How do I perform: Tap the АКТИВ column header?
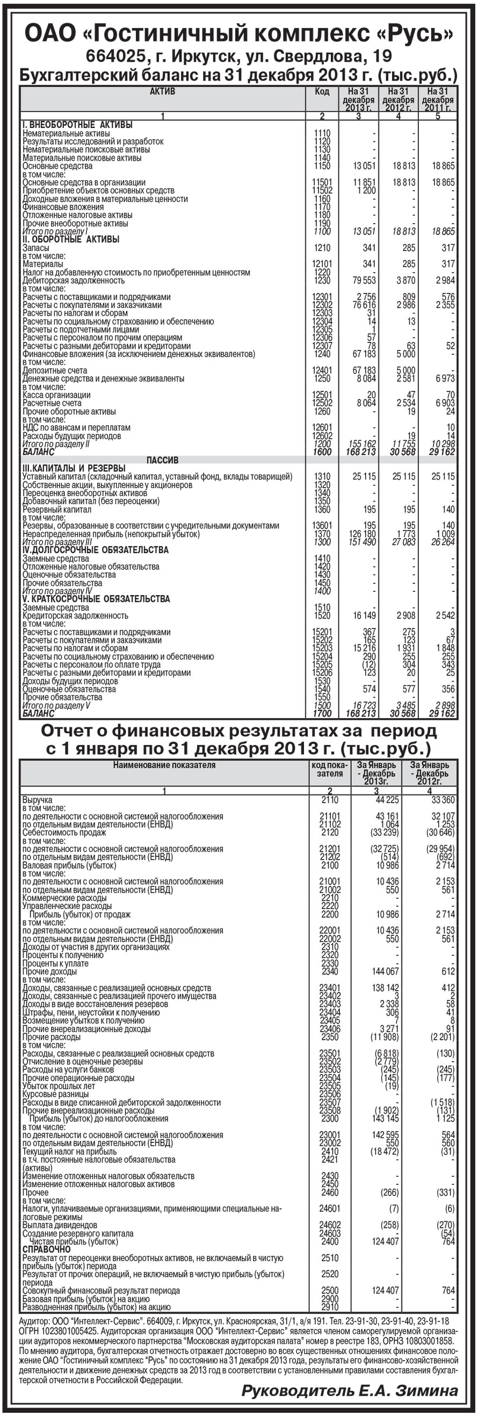[x=163, y=91]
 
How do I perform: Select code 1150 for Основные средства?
[x=322, y=166]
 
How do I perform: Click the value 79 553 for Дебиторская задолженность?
[x=364, y=280]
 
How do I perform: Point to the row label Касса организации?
[x=56, y=395]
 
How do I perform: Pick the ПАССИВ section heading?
[x=163, y=460]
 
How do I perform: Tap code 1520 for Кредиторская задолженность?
[x=322, y=616]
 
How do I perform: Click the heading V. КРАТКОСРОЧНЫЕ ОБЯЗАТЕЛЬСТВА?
[x=96, y=599]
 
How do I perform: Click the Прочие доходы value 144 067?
[x=385, y=971]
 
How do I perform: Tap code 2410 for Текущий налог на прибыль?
[x=330, y=1151]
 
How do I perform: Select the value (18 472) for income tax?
[x=384, y=1151]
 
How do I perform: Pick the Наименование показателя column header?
[x=164, y=764]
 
